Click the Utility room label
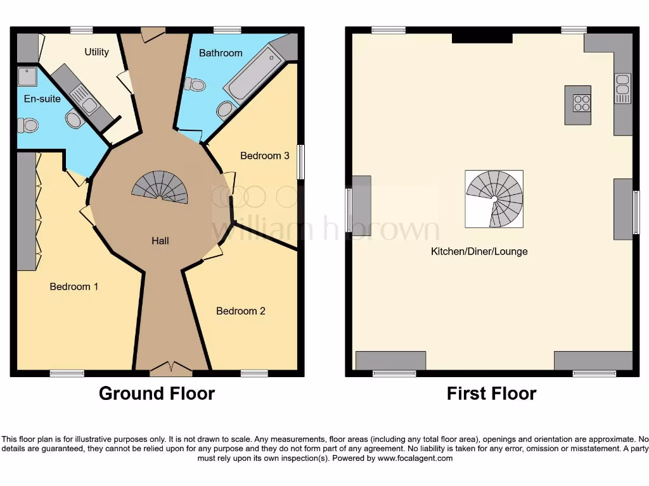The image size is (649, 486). tap(97, 52)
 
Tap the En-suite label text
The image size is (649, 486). tap(42, 99)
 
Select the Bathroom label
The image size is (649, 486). tap(221, 53)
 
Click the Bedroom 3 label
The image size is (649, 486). tap(264, 156)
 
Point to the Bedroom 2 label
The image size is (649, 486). tap(240, 311)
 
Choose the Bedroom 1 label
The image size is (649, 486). tap(74, 287)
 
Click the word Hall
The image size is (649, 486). tap(160, 241)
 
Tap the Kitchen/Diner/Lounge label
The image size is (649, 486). tap(479, 251)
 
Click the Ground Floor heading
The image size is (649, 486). tap(157, 394)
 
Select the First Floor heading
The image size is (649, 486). tap(491, 394)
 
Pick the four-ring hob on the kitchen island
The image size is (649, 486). tap(581, 103)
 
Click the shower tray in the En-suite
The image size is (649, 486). tap(27, 77)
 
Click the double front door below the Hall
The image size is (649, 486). tap(172, 367)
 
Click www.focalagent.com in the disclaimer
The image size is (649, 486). tap(415, 458)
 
